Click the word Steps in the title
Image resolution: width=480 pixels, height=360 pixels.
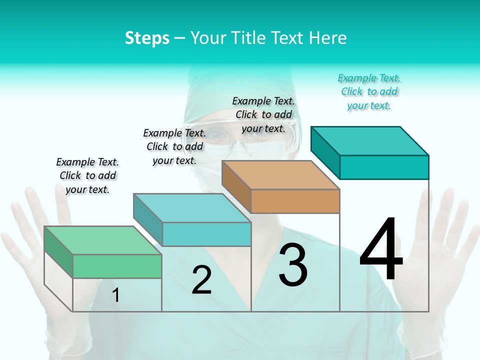[x=147, y=38]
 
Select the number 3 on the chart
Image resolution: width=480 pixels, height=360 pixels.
[x=293, y=265]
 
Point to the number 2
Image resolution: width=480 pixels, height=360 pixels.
[x=201, y=280]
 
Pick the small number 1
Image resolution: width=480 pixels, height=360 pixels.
[x=116, y=295]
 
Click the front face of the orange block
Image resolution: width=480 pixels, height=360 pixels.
[x=295, y=201]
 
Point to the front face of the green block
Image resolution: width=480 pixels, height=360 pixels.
[x=117, y=266]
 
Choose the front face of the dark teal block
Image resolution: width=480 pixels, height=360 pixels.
[x=384, y=167]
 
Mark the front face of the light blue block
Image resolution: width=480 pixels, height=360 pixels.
[x=206, y=234]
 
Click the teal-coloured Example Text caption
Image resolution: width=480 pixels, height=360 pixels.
[x=369, y=91]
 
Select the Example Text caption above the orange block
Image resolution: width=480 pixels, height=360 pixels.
[x=263, y=114]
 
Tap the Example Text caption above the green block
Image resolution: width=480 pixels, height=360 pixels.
[x=87, y=175]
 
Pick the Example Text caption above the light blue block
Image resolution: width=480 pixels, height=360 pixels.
[x=174, y=146]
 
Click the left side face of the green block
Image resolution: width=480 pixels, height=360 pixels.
[x=58, y=252]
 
